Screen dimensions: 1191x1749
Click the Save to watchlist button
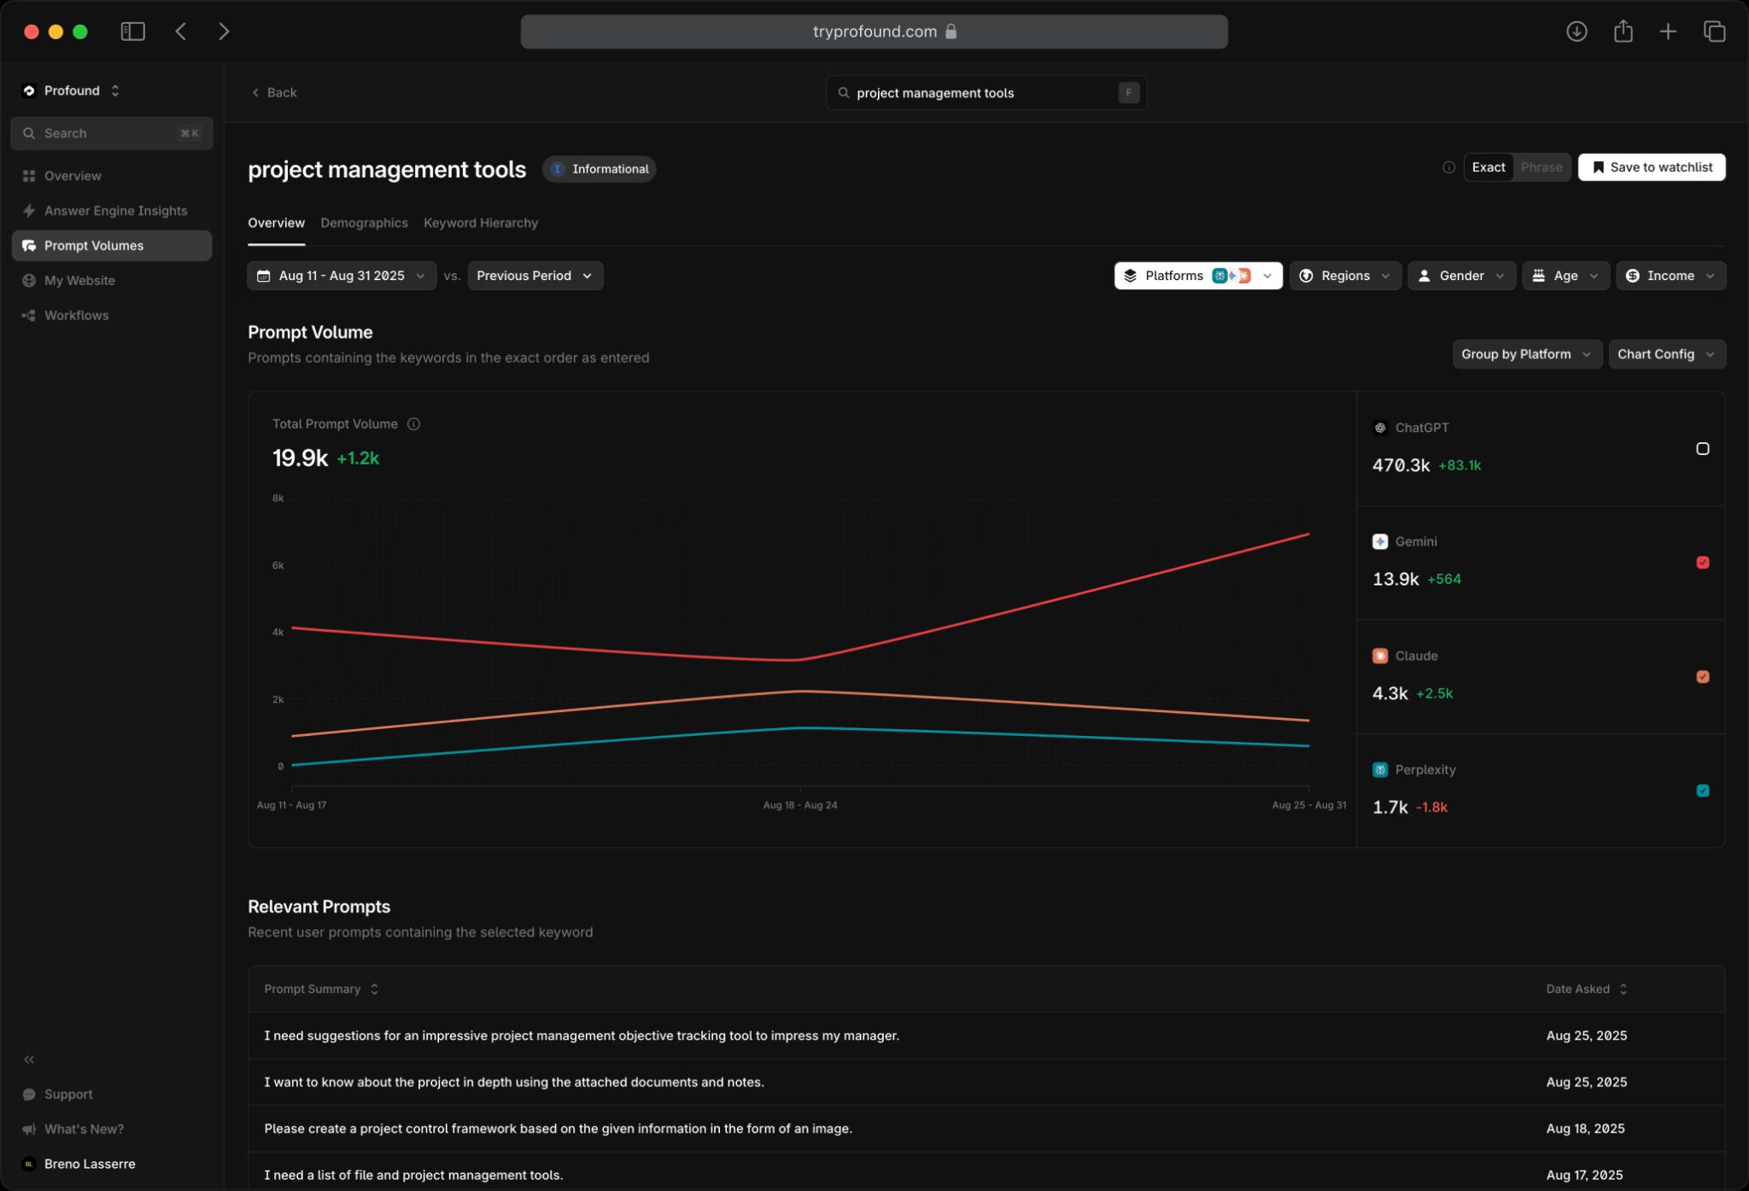pyautogui.click(x=1651, y=167)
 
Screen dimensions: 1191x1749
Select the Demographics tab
pyautogui.click(x=364, y=223)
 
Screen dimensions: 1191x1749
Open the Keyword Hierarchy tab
pyautogui.click(x=480, y=223)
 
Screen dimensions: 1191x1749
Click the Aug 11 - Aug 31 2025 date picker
pyautogui.click(x=342, y=276)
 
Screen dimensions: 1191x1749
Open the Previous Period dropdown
pyautogui.click(x=535, y=276)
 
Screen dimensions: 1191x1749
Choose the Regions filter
pyautogui.click(x=1345, y=276)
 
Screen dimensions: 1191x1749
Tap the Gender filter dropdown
pyautogui.click(x=1461, y=276)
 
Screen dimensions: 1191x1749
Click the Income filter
pyautogui.click(x=1670, y=276)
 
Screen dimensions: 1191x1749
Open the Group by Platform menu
pyautogui.click(x=1526, y=354)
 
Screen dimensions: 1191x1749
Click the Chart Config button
pyautogui.click(x=1666, y=354)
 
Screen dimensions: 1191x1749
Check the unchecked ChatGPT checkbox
pyautogui.click(x=1702, y=449)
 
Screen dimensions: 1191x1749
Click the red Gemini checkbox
pyautogui.click(x=1702, y=563)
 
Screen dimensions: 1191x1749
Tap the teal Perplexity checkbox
pyautogui.click(x=1702, y=791)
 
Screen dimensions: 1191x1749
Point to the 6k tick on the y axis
pyautogui.click(x=278, y=565)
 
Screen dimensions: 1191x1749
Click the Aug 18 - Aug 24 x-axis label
pyautogui.click(x=799, y=805)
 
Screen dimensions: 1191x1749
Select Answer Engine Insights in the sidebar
pyautogui.click(x=115, y=211)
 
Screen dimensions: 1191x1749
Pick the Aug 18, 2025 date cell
pyautogui.click(x=1586, y=1129)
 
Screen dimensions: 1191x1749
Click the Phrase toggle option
pyautogui.click(x=1541, y=167)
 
